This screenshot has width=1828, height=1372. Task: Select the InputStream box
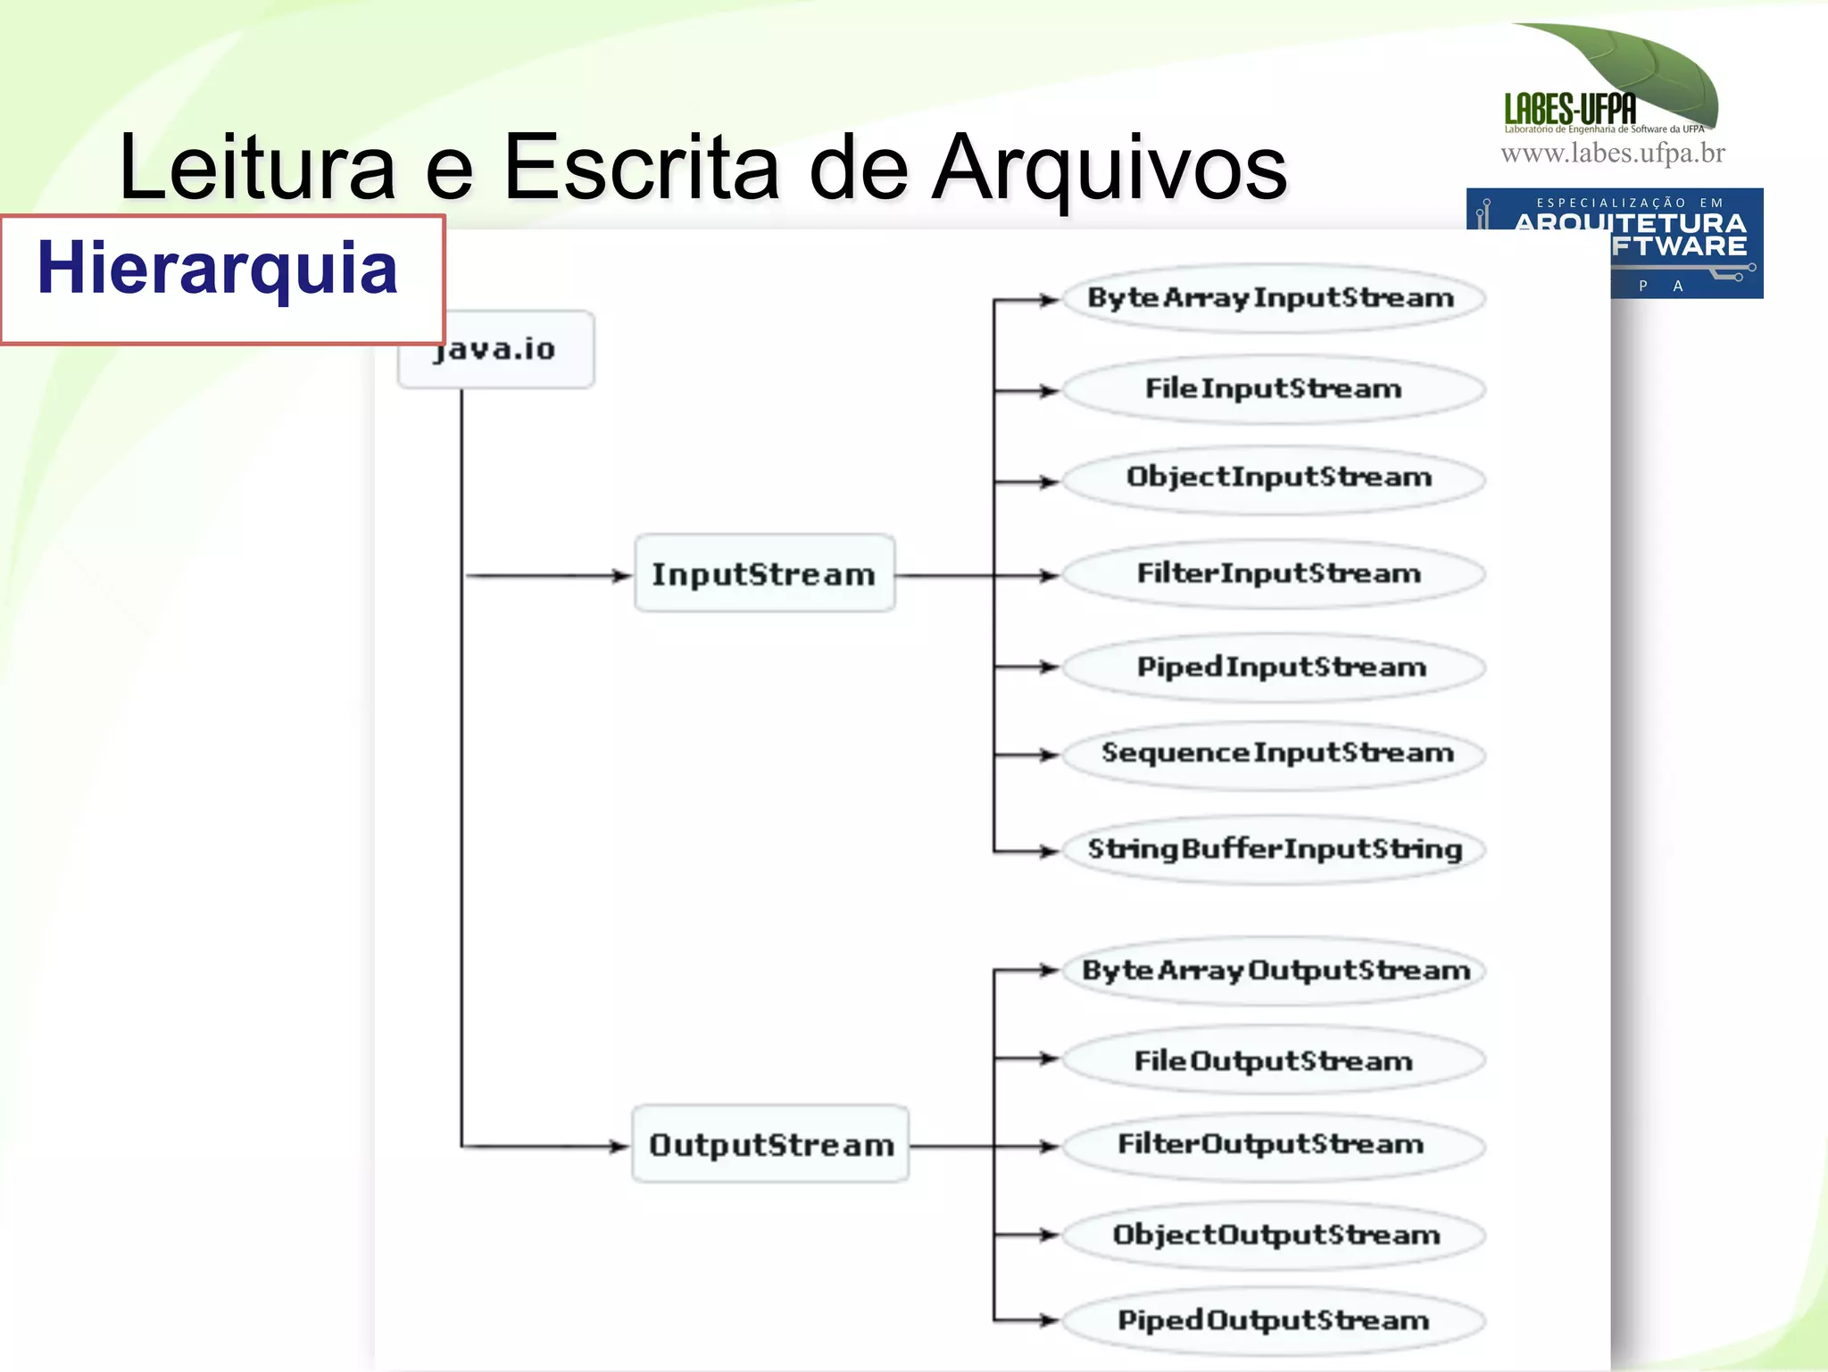[x=764, y=574]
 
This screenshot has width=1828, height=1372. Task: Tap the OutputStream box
[x=770, y=1144]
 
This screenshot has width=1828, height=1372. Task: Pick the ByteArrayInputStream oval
[x=1271, y=298]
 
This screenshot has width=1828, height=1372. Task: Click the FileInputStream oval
[x=1273, y=389]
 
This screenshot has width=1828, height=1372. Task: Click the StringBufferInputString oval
[x=1275, y=848]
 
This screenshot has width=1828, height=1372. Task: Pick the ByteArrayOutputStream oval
[x=1275, y=970]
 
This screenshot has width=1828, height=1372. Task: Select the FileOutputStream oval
[x=1273, y=1060]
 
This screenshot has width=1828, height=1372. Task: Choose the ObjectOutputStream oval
[x=1275, y=1235]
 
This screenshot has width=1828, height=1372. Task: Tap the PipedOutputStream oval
[x=1273, y=1320]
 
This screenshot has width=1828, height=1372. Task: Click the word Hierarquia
[x=217, y=269]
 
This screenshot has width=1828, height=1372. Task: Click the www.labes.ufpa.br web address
[x=1612, y=154]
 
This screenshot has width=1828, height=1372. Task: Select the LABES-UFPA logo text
[x=1570, y=109]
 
